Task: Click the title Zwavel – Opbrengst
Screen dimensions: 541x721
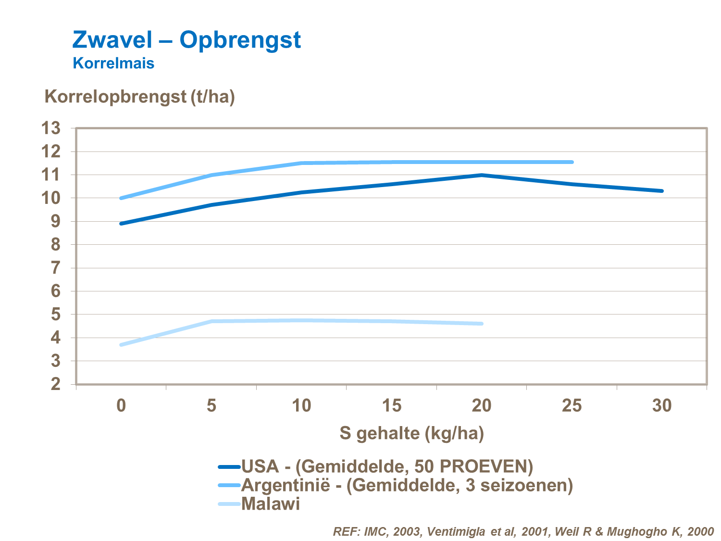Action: (186, 40)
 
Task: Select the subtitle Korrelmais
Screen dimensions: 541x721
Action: (113, 63)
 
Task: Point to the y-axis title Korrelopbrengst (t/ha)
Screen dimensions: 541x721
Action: (139, 97)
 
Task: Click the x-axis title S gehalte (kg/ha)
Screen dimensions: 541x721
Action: (411, 433)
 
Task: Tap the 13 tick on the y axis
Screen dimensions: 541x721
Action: (51, 128)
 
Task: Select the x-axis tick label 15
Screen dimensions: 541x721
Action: (391, 406)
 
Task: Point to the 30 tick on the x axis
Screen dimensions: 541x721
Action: (661, 406)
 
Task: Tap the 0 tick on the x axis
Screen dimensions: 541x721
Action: (121, 406)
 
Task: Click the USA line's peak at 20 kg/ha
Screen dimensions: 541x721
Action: (481, 175)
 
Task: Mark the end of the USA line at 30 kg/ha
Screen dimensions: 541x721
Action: (662, 191)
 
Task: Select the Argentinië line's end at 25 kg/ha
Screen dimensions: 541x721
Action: (572, 162)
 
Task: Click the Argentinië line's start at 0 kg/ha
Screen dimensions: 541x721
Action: (121, 198)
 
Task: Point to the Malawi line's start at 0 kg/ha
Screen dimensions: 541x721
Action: (121, 345)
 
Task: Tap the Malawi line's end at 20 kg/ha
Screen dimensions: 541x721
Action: (481, 324)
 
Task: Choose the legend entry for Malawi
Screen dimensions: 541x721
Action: (271, 504)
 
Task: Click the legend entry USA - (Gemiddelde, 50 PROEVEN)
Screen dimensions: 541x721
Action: (387, 466)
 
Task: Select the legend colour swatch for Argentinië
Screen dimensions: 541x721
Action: (229, 486)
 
